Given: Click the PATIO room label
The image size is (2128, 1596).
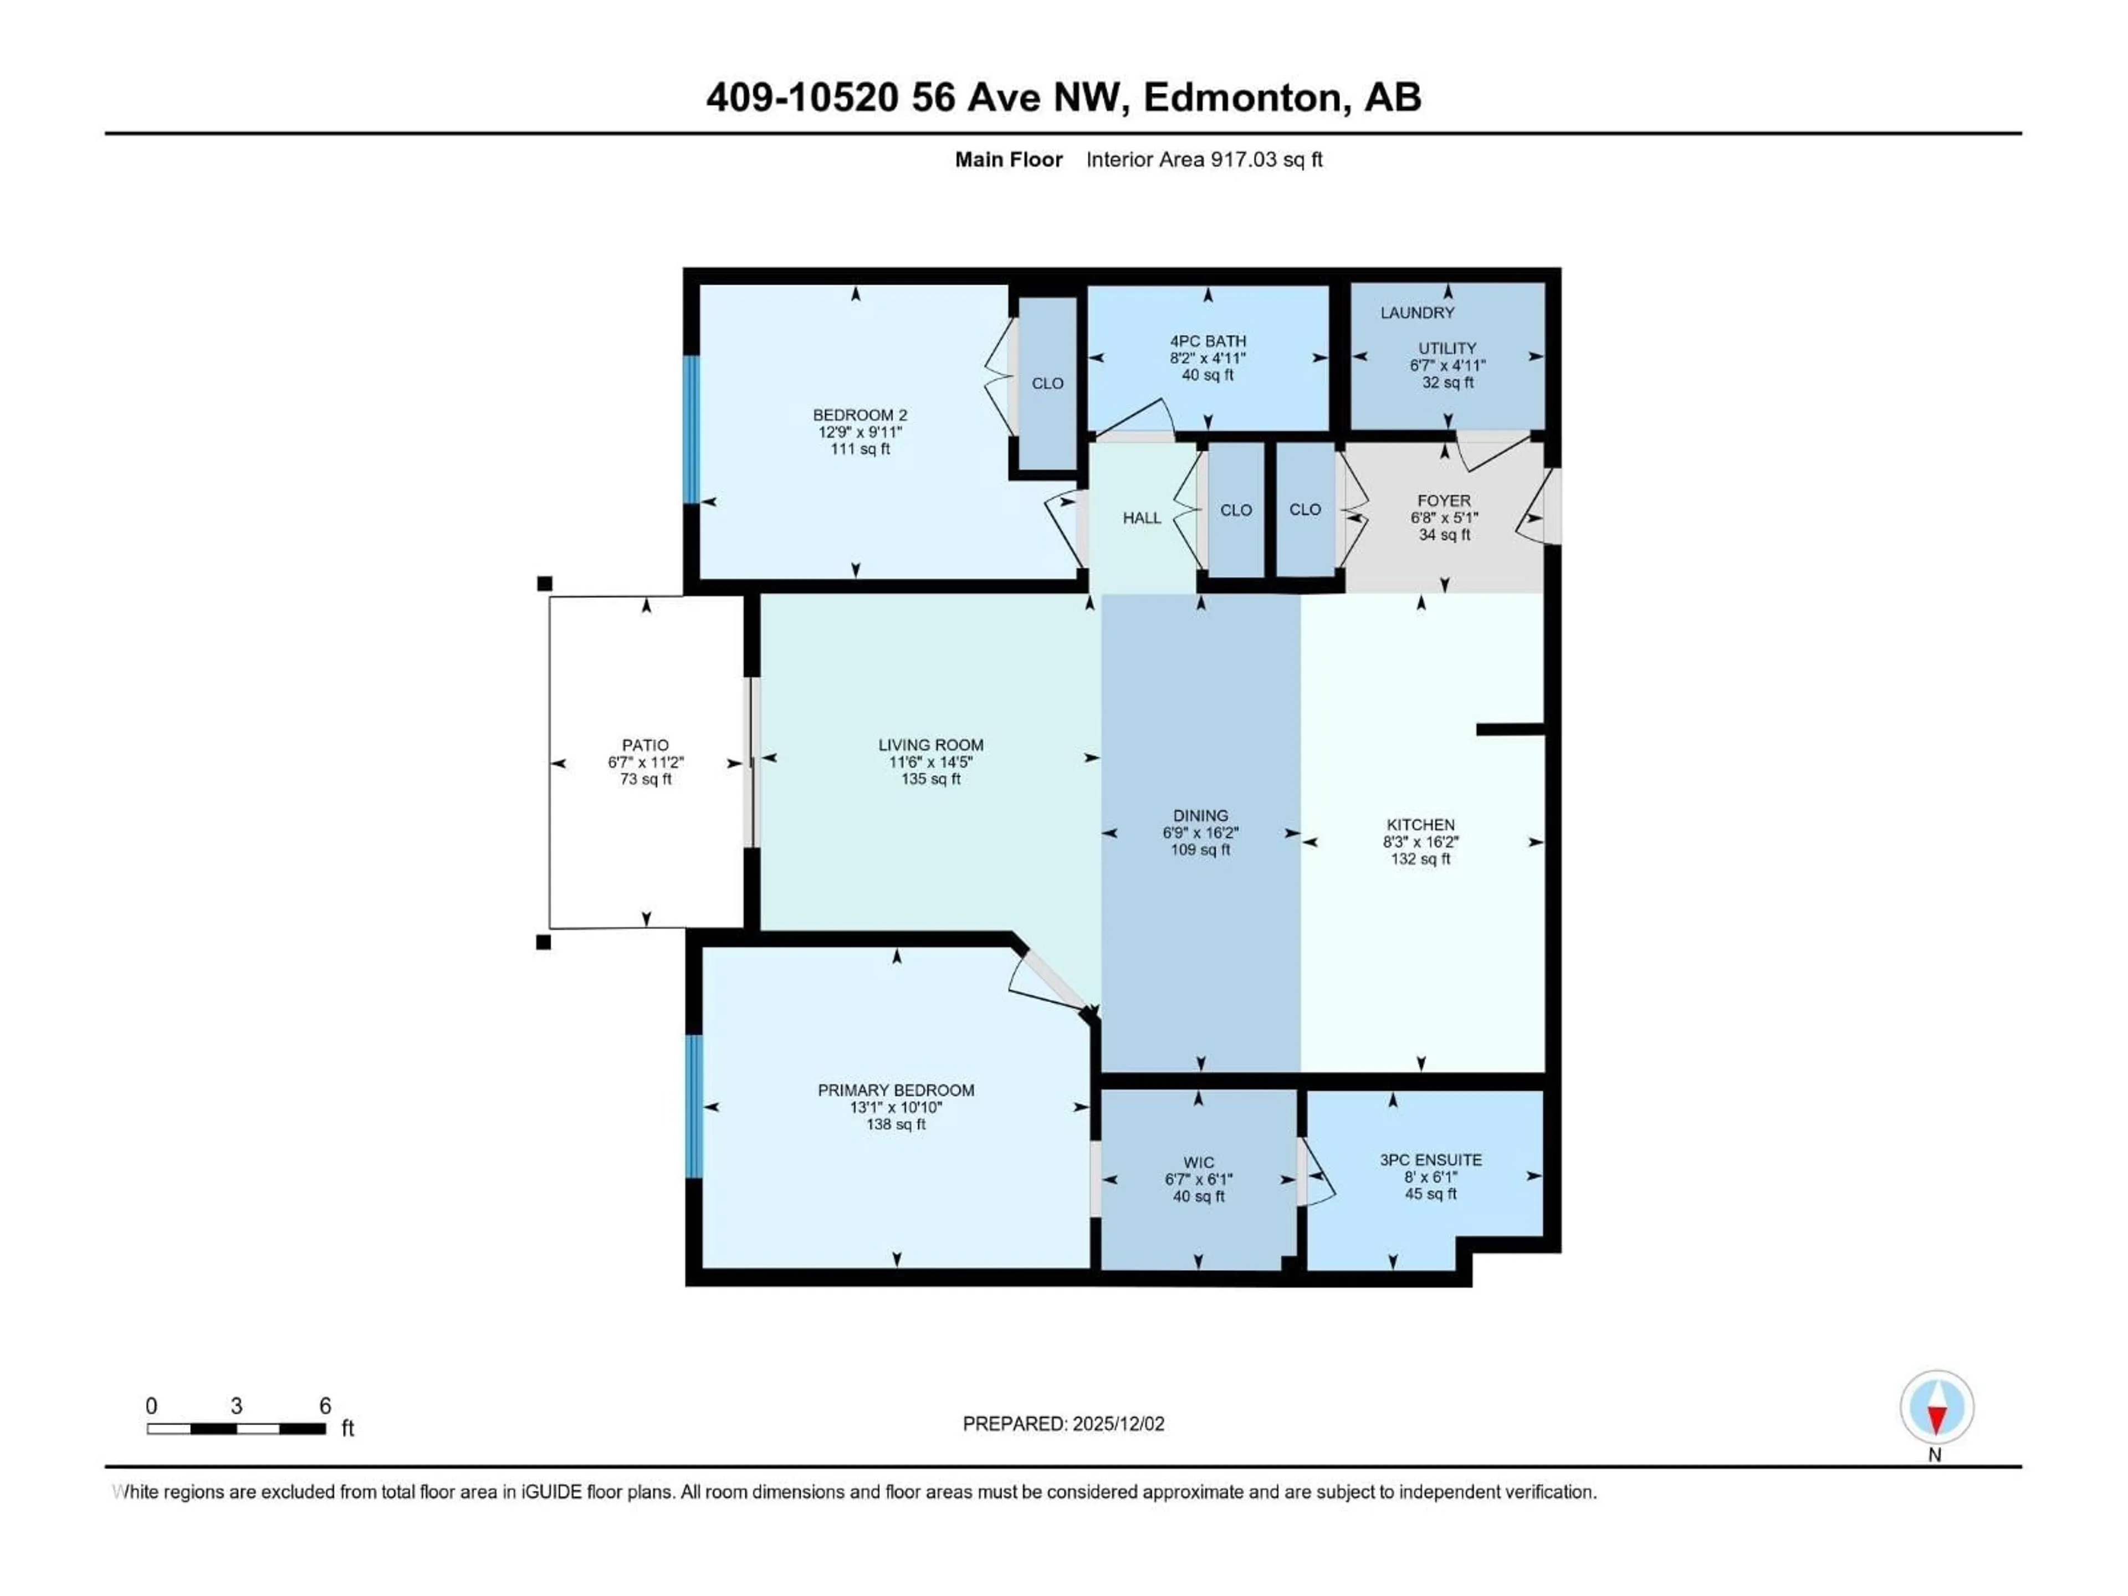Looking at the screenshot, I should (644, 745).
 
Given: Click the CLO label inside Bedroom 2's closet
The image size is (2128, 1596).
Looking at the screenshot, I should (1047, 383).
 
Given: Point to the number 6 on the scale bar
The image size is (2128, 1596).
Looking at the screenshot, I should (325, 1405).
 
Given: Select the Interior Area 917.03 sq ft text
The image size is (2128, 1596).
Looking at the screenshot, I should (1204, 160).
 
